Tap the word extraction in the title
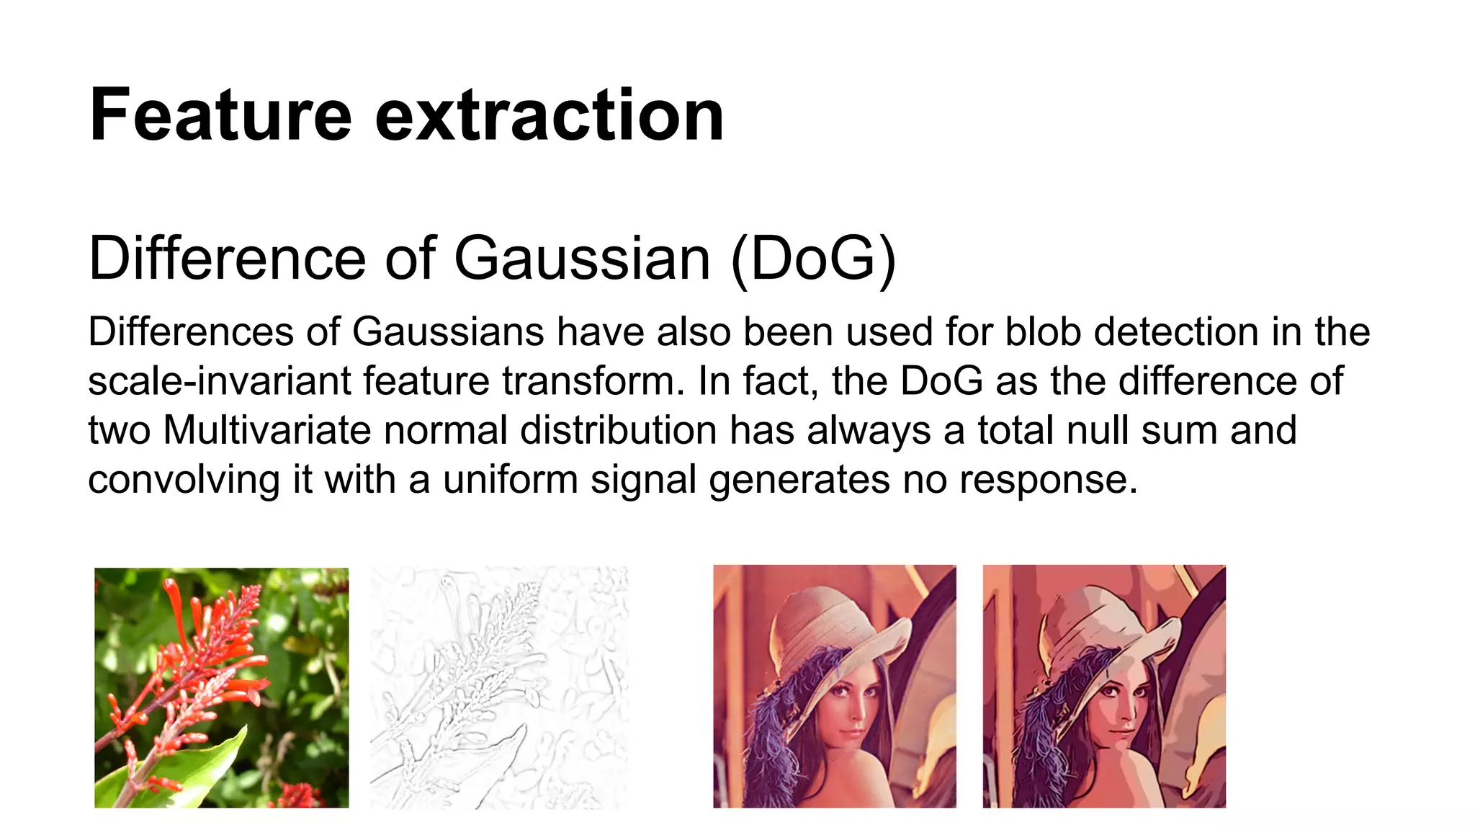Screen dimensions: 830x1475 coord(549,115)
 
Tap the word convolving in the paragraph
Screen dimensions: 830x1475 coord(184,480)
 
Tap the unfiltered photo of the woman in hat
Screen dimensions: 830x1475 coord(834,686)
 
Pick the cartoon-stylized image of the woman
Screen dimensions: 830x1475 coord(1103,686)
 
